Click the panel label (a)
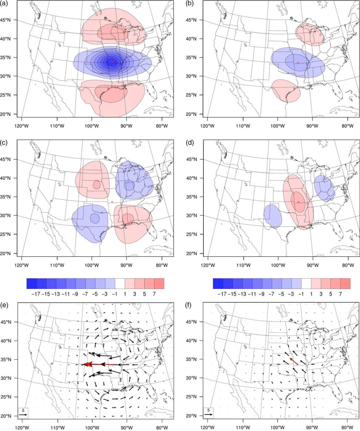(x=4, y=4)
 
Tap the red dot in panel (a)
(x=112, y=63)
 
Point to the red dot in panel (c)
(x=112, y=202)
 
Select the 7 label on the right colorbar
(x=340, y=294)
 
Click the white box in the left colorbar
(x=120, y=283)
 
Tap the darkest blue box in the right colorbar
(x=218, y=283)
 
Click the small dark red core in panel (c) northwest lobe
(x=97, y=185)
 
